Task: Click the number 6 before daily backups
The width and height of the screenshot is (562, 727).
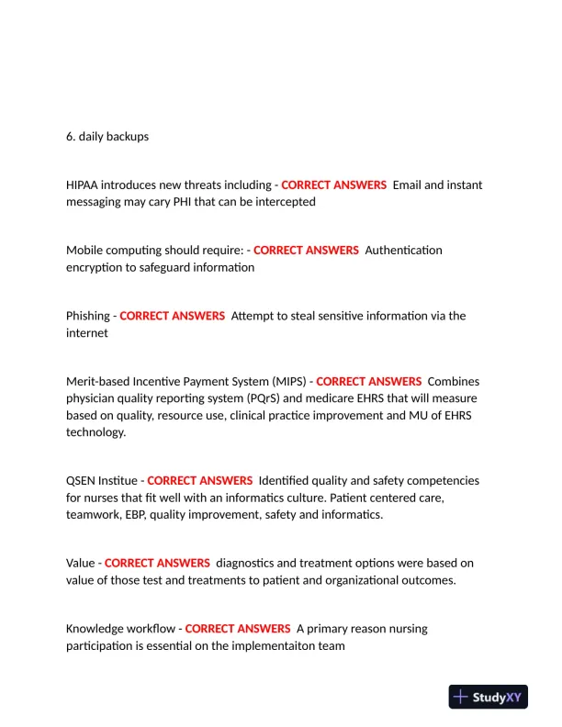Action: pos(70,137)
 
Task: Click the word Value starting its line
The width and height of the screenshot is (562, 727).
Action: pos(80,563)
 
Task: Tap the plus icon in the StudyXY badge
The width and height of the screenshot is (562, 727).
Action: pos(461,697)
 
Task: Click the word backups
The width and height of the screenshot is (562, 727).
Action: pos(127,137)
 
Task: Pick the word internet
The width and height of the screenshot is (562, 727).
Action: pos(87,332)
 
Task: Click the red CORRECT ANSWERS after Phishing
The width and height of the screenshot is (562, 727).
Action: pos(172,316)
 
